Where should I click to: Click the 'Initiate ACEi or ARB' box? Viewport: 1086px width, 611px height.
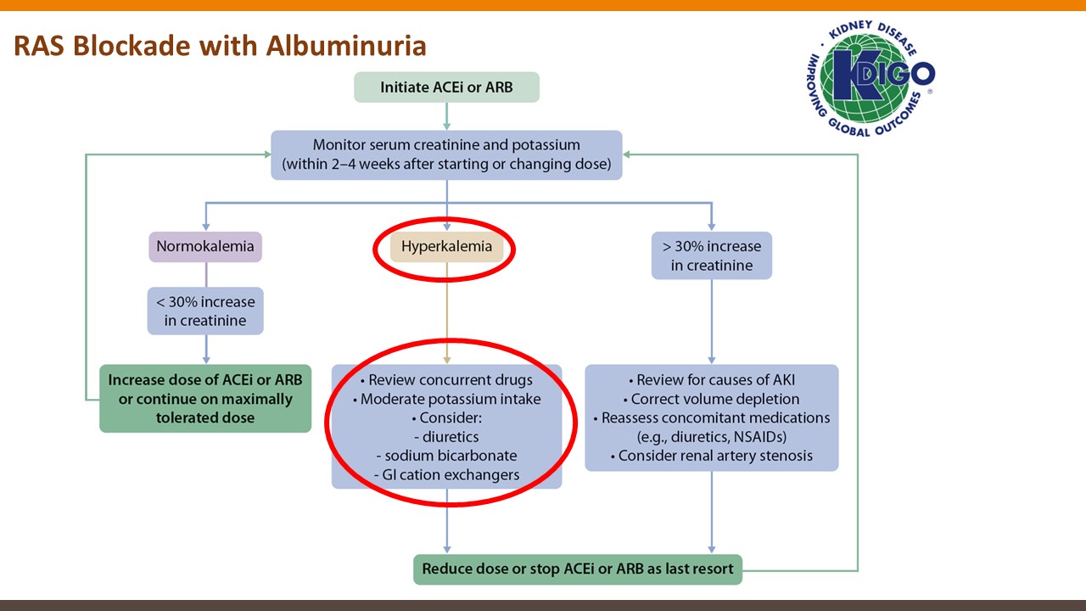point(446,87)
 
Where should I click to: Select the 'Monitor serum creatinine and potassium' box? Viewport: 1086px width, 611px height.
point(446,154)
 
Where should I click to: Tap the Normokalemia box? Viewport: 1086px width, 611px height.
point(205,247)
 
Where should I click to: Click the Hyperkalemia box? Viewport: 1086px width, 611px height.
point(446,247)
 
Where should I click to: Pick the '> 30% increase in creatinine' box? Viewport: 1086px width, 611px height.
point(712,256)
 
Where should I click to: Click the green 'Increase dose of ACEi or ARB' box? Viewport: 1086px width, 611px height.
point(205,399)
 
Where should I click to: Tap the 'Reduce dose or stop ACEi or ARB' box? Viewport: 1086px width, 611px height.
point(577,569)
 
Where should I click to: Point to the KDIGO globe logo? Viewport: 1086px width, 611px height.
point(870,78)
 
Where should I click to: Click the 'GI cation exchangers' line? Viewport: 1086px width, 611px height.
point(446,475)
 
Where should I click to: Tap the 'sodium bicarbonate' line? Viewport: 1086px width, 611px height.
point(446,456)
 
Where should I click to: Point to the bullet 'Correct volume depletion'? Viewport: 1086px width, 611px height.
point(711,399)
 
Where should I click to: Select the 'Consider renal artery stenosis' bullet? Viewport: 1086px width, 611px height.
point(711,456)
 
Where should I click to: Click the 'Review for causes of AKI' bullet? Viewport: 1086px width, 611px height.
point(711,380)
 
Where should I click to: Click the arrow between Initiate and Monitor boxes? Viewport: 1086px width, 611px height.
point(446,116)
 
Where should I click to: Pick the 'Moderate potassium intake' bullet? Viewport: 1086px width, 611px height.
point(446,399)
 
